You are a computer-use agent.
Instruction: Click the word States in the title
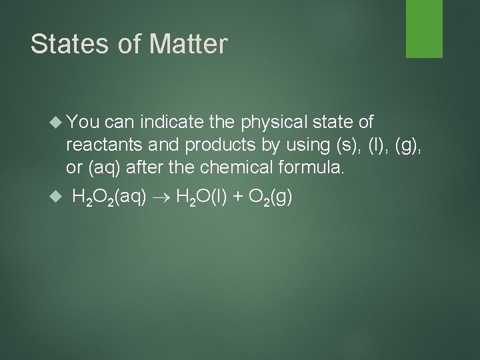[x=64, y=44]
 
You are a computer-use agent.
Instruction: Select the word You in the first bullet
[x=83, y=122]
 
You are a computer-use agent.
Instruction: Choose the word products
[x=214, y=144]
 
